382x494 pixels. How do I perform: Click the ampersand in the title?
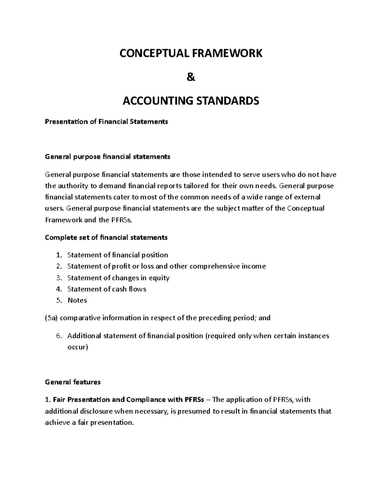pyautogui.click(x=191, y=77)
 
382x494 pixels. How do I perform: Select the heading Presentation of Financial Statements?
pyautogui.click(x=106, y=122)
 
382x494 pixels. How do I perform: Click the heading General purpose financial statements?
pyautogui.click(x=108, y=157)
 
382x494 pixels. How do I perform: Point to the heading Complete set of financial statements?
pyautogui.click(x=106, y=237)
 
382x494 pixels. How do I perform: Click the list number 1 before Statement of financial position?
pyautogui.click(x=58, y=255)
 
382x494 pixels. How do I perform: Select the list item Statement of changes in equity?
pyautogui.click(x=118, y=278)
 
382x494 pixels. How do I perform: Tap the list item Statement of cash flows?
pyautogui.click(x=107, y=289)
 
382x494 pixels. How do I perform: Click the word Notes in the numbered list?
pyautogui.click(x=77, y=300)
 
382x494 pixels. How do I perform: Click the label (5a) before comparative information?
pyautogui.click(x=51, y=318)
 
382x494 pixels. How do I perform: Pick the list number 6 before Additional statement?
pyautogui.click(x=58, y=336)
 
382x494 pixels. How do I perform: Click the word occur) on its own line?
pyautogui.click(x=77, y=347)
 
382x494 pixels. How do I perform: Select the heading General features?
pyautogui.click(x=73, y=382)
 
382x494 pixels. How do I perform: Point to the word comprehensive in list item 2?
pyautogui.click(x=211, y=266)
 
